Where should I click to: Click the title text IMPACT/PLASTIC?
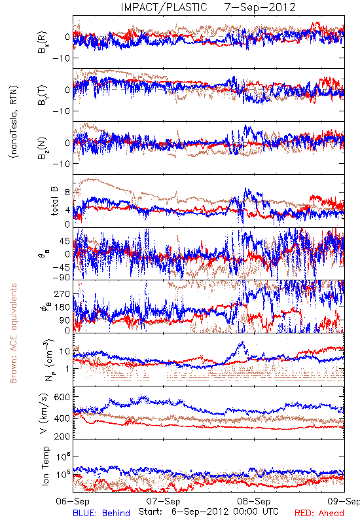pyautogui.click(x=164, y=7)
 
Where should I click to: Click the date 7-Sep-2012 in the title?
pyautogui.click(x=260, y=7)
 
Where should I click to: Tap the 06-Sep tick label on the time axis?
pyautogui.click(x=73, y=501)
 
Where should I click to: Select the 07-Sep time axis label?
pyautogui.click(x=164, y=501)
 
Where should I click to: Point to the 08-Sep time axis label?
pyautogui.click(x=254, y=501)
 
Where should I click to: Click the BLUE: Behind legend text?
pyautogui.click(x=101, y=513)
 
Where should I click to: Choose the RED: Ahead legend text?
pyautogui.click(x=319, y=513)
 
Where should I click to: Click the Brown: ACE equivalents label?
pyautogui.click(x=13, y=333)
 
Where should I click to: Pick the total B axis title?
pyautogui.click(x=54, y=201)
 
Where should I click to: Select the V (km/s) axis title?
pyautogui.click(x=44, y=413)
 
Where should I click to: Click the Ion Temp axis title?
pyautogui.click(x=45, y=466)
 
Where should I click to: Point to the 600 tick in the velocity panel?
pyautogui.click(x=62, y=397)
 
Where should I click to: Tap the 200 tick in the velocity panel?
pyautogui.click(x=62, y=436)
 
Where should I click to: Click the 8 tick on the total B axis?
pyautogui.click(x=67, y=193)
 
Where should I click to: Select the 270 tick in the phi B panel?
pyautogui.click(x=62, y=293)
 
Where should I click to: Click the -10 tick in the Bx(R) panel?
pyautogui.click(x=60, y=58)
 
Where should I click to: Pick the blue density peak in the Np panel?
pyautogui.click(x=242, y=342)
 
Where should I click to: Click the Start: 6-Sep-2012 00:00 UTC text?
pyautogui.click(x=208, y=512)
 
